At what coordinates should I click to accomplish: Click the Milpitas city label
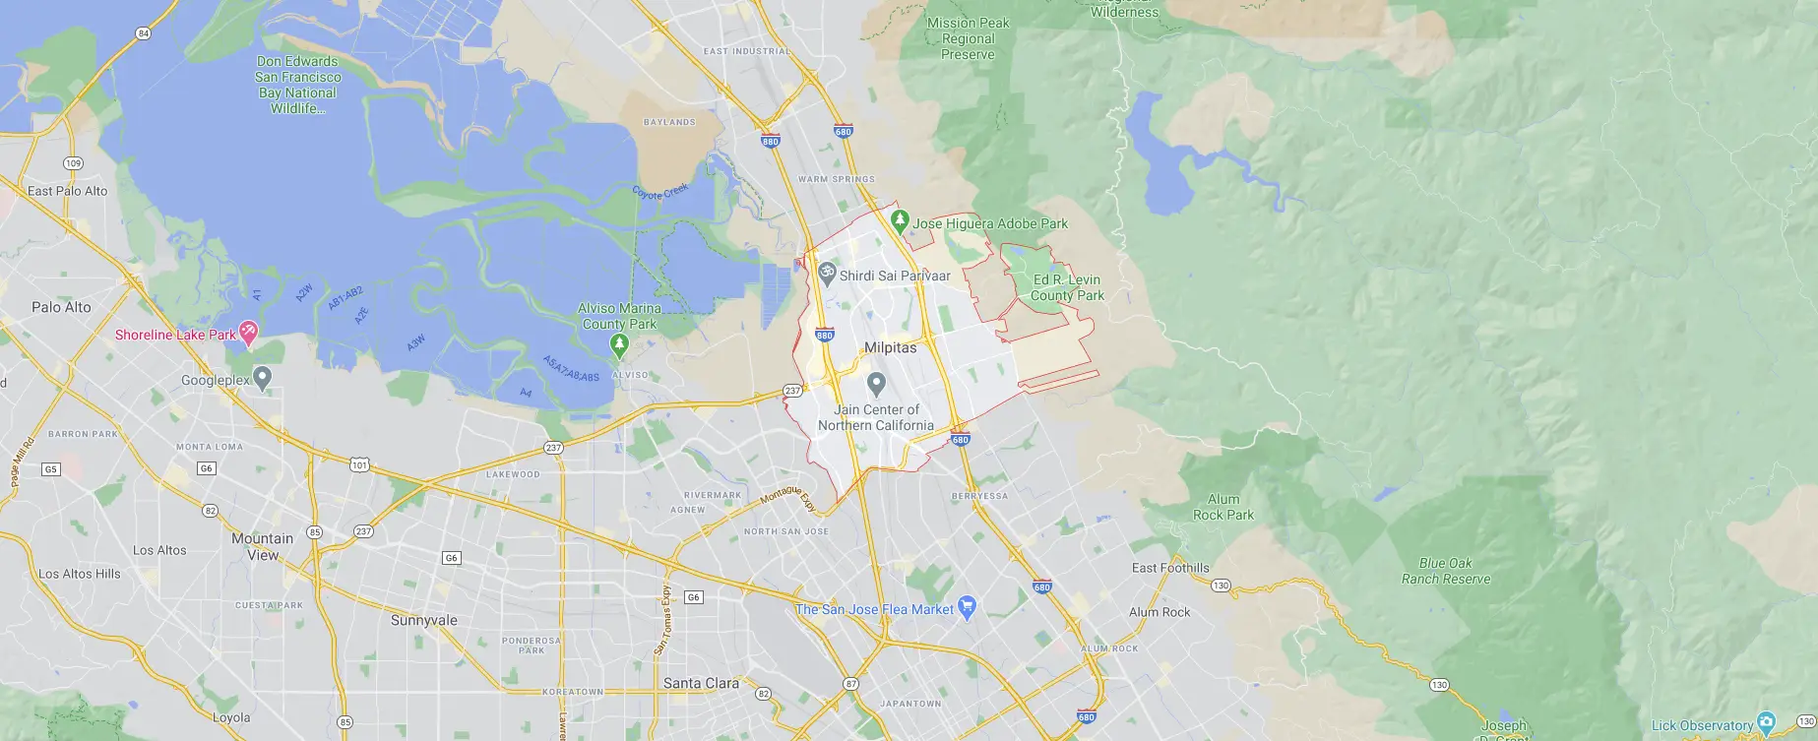click(x=890, y=347)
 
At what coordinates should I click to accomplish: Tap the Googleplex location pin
click(x=262, y=378)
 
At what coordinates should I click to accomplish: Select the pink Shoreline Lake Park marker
click(x=249, y=334)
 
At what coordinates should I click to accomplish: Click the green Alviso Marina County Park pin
click(x=619, y=344)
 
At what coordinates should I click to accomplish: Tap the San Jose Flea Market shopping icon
click(x=967, y=608)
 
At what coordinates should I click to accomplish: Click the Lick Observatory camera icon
click(x=1766, y=723)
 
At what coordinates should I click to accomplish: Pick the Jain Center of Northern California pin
click(x=876, y=383)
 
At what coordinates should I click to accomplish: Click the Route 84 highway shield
click(x=144, y=33)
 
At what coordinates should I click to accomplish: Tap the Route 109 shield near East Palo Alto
click(x=73, y=163)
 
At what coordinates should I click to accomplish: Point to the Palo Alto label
click(x=61, y=307)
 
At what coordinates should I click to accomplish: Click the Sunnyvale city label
click(x=424, y=620)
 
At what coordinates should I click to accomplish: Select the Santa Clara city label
click(x=701, y=683)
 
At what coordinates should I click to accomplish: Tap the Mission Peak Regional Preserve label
click(x=968, y=38)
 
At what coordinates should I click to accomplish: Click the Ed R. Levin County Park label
click(x=1067, y=287)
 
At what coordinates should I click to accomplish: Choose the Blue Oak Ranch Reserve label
click(x=1446, y=571)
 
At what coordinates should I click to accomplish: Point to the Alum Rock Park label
click(x=1223, y=507)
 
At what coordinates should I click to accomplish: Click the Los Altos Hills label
click(x=80, y=574)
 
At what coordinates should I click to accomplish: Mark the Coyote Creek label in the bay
click(x=660, y=191)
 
